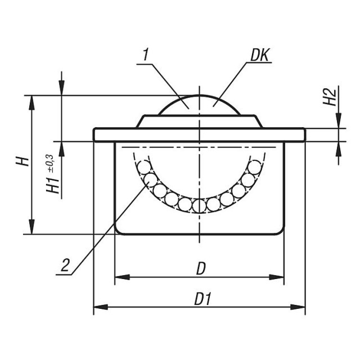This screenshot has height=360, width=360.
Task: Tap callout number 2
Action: click(x=65, y=265)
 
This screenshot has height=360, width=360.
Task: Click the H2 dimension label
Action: click(x=330, y=97)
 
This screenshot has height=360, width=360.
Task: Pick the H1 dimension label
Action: click(x=53, y=185)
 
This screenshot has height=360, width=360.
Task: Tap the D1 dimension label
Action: click(x=202, y=299)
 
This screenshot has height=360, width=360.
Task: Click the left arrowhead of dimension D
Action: click(x=122, y=277)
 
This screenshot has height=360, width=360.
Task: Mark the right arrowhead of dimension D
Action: click(x=277, y=277)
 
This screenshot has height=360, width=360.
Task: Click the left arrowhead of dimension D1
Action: click(x=101, y=307)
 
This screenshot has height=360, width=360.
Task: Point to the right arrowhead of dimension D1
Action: click(x=298, y=307)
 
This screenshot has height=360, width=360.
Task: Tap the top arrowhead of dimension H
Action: click(x=32, y=102)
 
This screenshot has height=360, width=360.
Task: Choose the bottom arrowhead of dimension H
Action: click(x=32, y=227)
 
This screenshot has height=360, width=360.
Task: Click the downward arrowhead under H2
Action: click(x=339, y=121)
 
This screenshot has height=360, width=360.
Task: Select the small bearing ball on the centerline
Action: click(x=199, y=206)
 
